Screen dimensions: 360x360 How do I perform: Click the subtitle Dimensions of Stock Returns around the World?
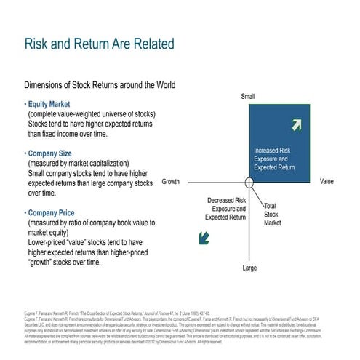point(100,84)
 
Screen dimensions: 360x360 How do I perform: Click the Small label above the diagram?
point(248,97)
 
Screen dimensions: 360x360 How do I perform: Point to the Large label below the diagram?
point(249,268)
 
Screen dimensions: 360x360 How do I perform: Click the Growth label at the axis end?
point(170,181)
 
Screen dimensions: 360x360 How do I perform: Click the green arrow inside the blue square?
point(297,124)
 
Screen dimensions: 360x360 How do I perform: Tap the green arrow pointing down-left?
point(205,236)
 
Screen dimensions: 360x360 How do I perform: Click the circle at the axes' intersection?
point(249,182)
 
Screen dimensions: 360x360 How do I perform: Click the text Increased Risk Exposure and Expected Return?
point(274,159)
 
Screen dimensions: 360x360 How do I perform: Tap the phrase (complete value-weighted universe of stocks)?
point(90,114)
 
